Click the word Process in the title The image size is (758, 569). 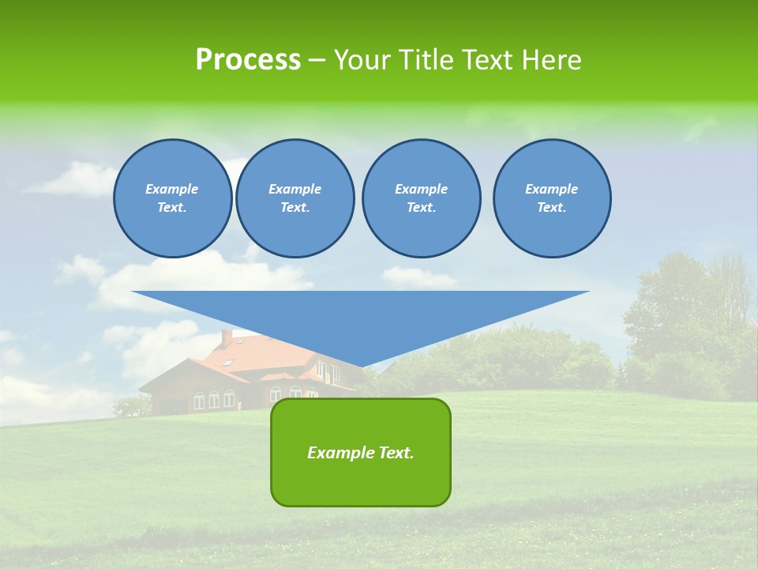(x=248, y=60)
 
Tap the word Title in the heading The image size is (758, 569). (x=424, y=60)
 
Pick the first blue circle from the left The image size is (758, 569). (x=172, y=198)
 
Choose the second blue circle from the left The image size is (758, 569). (x=295, y=198)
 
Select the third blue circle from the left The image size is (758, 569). (x=421, y=198)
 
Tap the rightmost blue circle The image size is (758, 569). (x=552, y=198)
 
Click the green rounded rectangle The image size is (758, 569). (x=361, y=482)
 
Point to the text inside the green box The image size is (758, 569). (x=361, y=453)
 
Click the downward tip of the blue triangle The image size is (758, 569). (x=362, y=364)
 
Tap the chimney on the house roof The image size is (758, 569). (x=227, y=338)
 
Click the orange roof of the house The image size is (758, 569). (x=268, y=356)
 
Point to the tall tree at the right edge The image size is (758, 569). (x=695, y=316)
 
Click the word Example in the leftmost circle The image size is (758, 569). (x=172, y=189)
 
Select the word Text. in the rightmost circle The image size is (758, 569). (x=552, y=208)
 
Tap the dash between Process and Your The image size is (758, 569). (x=317, y=60)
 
